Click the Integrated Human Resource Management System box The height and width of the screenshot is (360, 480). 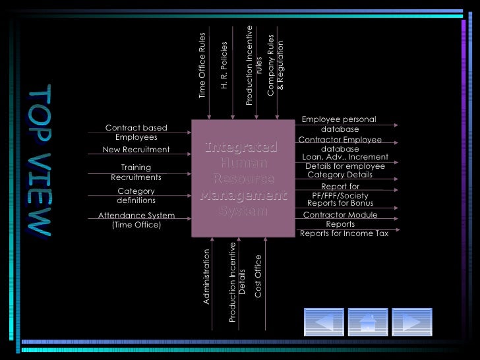(x=242, y=178)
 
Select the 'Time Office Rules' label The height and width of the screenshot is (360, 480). (x=203, y=66)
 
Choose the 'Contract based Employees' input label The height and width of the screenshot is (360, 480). (x=136, y=133)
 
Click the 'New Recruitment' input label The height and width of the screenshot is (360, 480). (x=136, y=150)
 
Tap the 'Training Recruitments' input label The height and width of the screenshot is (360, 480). (x=136, y=172)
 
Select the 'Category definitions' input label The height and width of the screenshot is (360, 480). (x=136, y=196)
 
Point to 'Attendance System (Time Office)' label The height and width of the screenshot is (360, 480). (x=136, y=220)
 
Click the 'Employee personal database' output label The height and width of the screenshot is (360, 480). (x=340, y=124)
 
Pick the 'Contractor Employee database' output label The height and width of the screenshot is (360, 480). (x=340, y=144)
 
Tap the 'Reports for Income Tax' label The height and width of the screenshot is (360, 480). (x=344, y=233)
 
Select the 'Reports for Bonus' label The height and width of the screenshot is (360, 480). (x=340, y=203)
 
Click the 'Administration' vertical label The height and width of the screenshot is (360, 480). (x=206, y=276)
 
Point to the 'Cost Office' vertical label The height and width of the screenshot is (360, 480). (x=258, y=276)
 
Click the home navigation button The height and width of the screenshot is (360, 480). (x=367, y=323)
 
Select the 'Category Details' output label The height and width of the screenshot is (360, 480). (x=340, y=175)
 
